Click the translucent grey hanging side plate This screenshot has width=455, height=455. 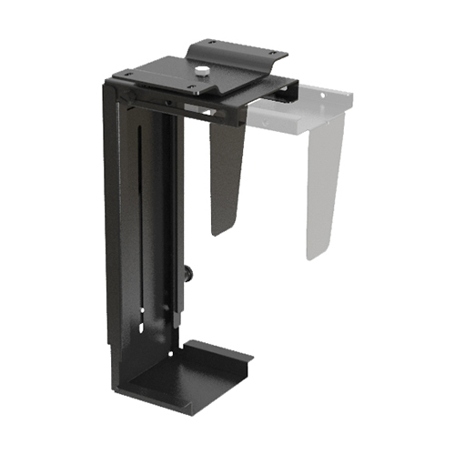[322, 182]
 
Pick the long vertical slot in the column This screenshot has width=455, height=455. [139, 227]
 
